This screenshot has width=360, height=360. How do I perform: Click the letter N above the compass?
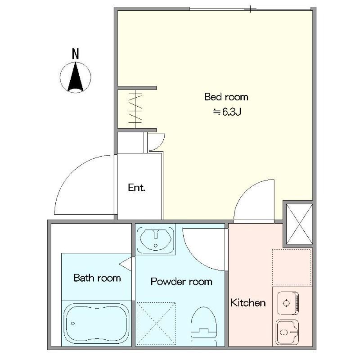coord(75,54)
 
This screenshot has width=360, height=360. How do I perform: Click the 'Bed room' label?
coord(226,97)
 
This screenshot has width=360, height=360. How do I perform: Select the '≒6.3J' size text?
coord(227,112)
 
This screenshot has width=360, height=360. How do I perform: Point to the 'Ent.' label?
coord(137,188)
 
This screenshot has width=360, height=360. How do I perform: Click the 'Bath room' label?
coord(97,278)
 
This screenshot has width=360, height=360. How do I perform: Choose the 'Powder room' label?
coord(181,282)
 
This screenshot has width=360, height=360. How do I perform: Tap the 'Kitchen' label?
coord(248,302)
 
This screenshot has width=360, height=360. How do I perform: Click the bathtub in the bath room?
coord(96,324)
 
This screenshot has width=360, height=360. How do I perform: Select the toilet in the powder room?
coord(204,327)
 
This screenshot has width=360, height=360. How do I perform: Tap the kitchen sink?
coord(287,332)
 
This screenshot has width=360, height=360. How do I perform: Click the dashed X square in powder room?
coord(156,324)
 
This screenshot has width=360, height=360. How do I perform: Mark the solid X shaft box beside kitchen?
coord(299,224)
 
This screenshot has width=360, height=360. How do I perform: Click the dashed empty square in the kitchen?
coord(292,267)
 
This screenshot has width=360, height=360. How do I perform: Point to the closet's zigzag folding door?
coord(135,108)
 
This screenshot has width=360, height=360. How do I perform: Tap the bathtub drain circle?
coord(73,324)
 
